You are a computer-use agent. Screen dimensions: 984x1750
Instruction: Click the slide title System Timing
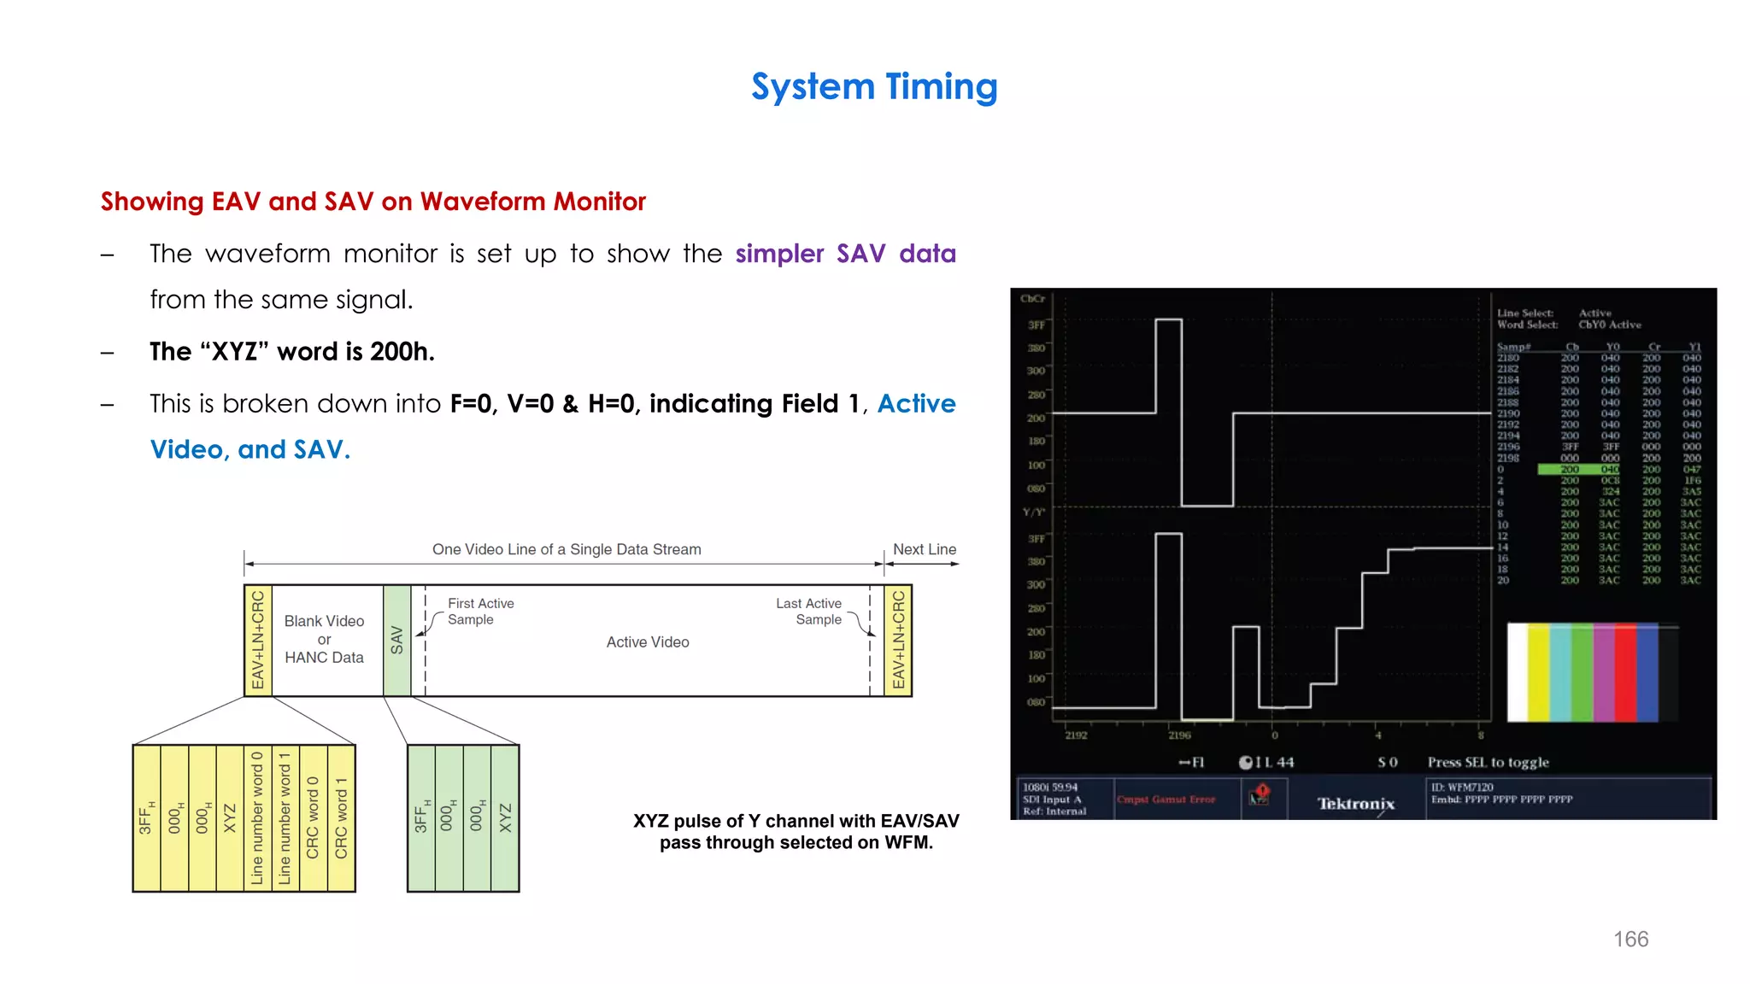[x=874, y=87]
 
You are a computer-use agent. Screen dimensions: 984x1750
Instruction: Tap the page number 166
[x=1630, y=939]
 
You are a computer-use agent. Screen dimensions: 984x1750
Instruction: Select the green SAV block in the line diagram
[x=396, y=640]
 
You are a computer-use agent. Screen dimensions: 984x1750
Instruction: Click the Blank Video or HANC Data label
[x=324, y=639]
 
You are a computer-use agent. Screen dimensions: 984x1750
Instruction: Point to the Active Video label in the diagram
[x=648, y=642]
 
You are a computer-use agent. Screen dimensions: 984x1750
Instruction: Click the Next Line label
[x=925, y=549]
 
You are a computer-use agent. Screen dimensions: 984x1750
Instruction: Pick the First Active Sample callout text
[x=480, y=612]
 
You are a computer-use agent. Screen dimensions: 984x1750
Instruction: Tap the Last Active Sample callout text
[x=808, y=612]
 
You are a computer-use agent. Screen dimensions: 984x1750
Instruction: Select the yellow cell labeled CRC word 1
[x=341, y=817]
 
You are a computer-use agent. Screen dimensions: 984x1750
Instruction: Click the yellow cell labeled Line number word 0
[x=257, y=817]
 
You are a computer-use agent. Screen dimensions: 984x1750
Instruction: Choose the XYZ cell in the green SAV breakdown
[x=505, y=817]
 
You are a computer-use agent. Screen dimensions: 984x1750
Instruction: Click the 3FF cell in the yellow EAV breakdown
[x=146, y=817]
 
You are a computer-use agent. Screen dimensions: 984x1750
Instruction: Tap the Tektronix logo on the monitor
[x=1355, y=804]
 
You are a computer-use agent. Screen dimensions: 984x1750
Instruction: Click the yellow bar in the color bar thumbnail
[x=1538, y=672]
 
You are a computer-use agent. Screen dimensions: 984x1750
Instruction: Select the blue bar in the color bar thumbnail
[x=1647, y=672]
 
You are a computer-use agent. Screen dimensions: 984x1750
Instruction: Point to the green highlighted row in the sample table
[x=1578, y=470]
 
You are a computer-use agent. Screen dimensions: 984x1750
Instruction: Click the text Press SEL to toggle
[x=1488, y=762]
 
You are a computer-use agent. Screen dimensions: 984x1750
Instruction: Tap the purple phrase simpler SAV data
[x=845, y=254]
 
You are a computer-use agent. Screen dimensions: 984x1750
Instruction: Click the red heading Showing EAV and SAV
[x=373, y=202]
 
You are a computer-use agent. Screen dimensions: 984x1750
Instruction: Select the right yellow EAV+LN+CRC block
[x=898, y=640]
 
